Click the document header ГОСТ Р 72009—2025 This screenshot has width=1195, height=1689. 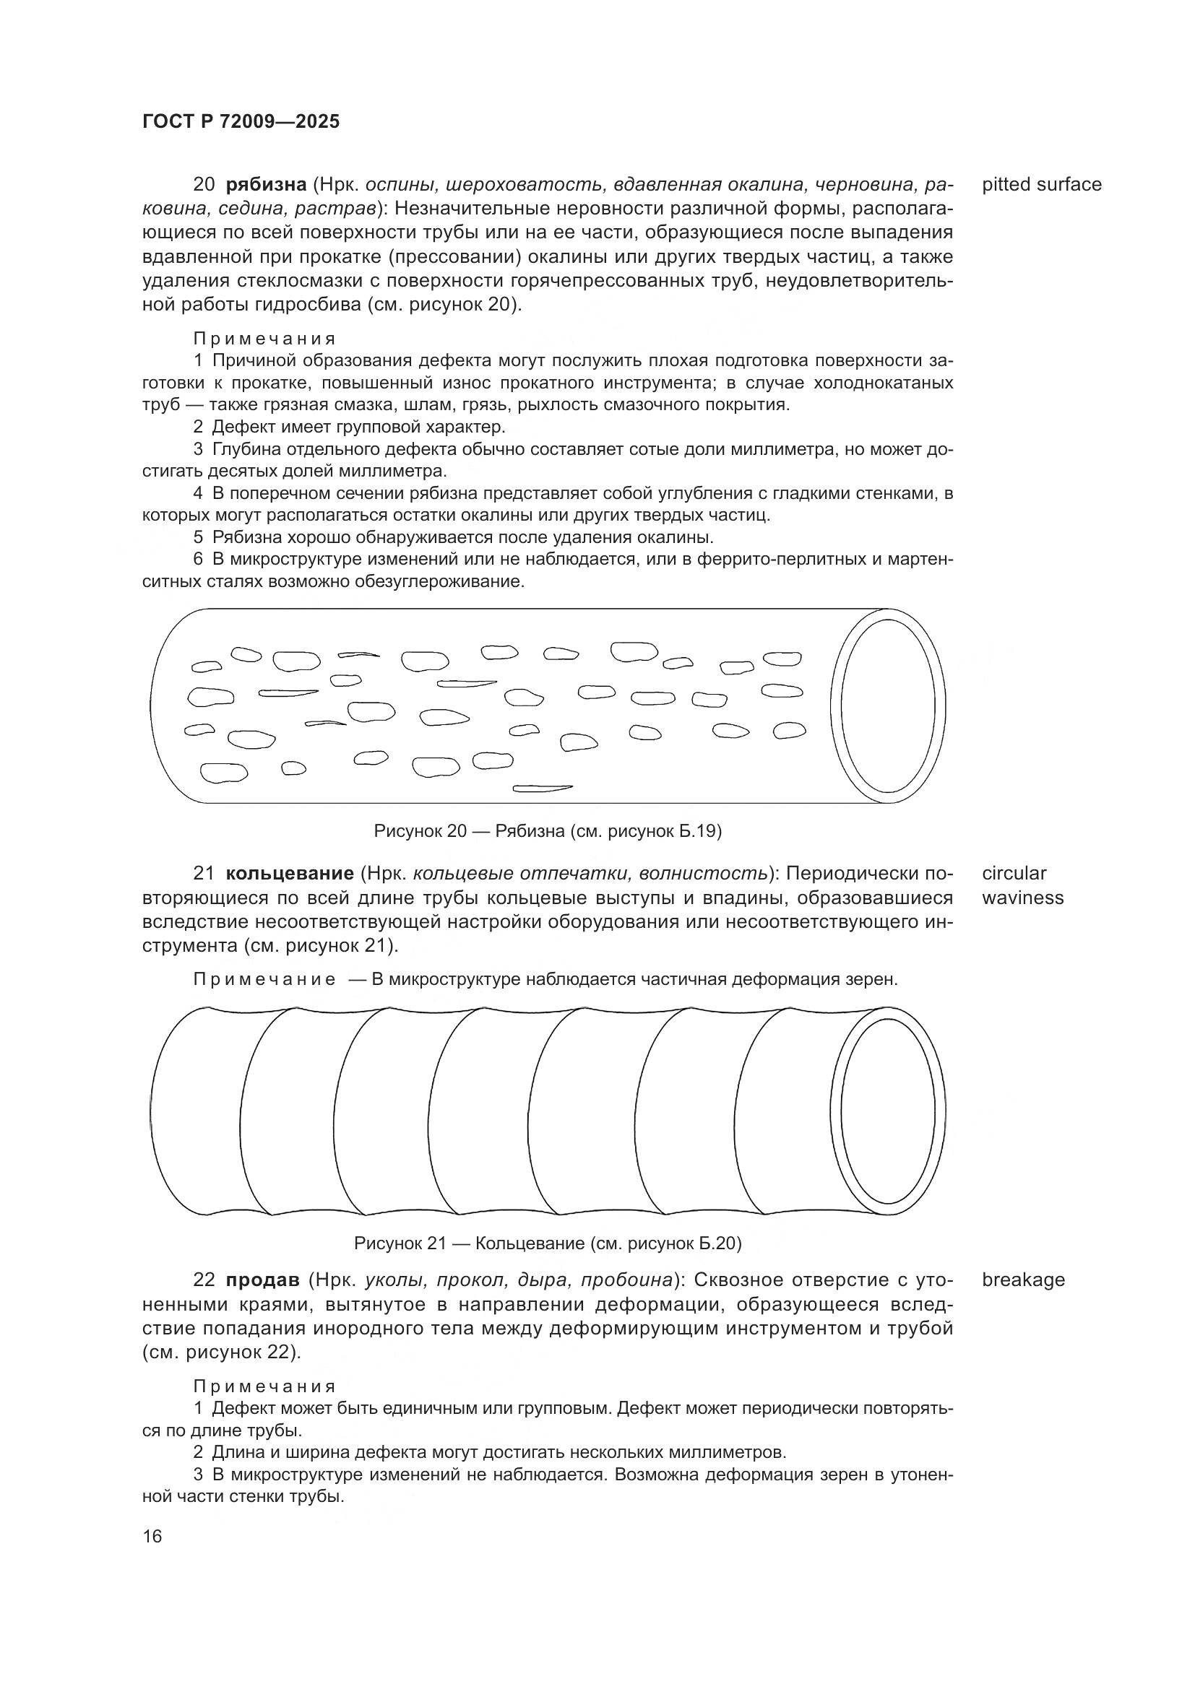point(241,122)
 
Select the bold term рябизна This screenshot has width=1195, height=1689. point(266,185)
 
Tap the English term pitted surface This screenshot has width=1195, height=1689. point(1041,185)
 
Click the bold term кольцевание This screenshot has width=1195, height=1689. point(290,874)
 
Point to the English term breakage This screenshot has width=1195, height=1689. point(1023,1280)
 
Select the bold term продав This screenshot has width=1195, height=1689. point(263,1280)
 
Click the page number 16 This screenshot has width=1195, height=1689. point(152,1536)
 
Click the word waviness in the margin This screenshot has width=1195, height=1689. point(1022,898)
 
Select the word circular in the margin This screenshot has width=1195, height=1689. point(1013,874)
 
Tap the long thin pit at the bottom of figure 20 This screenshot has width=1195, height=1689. point(543,789)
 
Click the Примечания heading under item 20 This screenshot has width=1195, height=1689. point(264,339)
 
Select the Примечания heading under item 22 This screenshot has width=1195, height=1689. point(264,1386)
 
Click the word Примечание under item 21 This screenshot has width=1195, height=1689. point(264,980)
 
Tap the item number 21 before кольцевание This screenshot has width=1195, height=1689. point(203,874)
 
